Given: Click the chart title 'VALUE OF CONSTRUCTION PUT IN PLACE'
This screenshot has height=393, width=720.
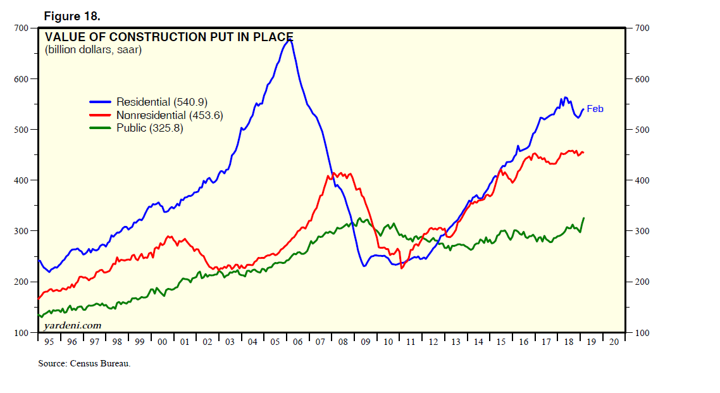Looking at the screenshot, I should pyautogui.click(x=169, y=37).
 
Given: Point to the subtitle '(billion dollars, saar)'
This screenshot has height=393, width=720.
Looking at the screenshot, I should pyautogui.click(x=93, y=50).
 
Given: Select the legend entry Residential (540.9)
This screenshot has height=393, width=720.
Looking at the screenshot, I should pyautogui.click(x=162, y=102).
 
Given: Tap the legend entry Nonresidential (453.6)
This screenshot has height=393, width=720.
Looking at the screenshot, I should pyautogui.click(x=170, y=115).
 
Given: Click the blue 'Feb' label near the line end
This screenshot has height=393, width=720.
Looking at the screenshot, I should pyautogui.click(x=595, y=109).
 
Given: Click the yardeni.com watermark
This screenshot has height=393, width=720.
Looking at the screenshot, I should pyautogui.click(x=72, y=325).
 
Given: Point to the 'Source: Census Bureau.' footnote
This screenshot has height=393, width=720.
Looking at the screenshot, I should pyautogui.click(x=84, y=363).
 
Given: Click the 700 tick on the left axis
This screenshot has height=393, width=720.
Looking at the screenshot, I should pyautogui.click(x=21, y=28).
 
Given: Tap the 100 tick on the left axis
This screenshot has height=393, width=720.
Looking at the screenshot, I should pyautogui.click(x=21, y=333).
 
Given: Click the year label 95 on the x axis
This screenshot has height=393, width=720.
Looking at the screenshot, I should pyautogui.click(x=49, y=342).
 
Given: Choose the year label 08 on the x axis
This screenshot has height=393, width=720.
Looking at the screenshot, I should pyautogui.click(x=342, y=342).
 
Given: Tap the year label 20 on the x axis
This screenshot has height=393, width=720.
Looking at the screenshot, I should pyautogui.click(x=613, y=342).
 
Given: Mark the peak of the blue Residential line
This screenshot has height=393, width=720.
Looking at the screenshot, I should pyautogui.click(x=289, y=40).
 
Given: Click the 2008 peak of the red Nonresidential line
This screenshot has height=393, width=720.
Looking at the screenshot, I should pyautogui.click(x=335, y=172).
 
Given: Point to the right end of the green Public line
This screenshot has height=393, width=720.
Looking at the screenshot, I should pyautogui.click(x=583, y=218).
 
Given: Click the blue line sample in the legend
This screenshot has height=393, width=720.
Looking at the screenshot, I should pyautogui.click(x=100, y=102).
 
